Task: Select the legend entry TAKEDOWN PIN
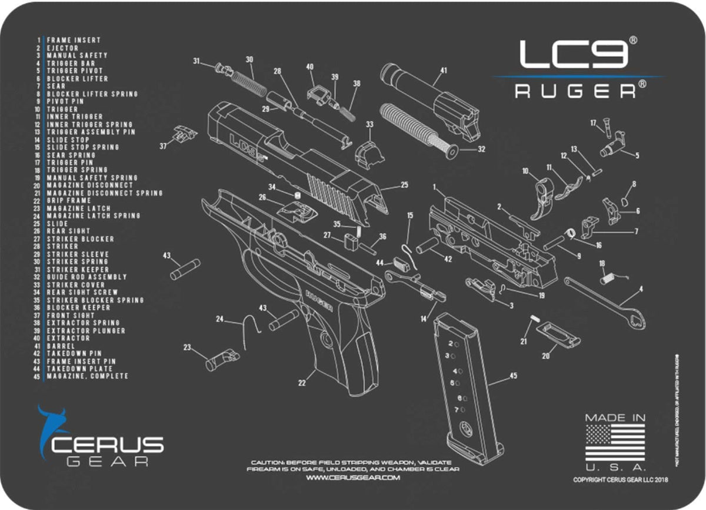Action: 74,353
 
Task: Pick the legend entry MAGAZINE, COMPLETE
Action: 87,376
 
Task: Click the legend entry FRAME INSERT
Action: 74,41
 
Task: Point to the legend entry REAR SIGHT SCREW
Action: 82,292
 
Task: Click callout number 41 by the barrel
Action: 443,71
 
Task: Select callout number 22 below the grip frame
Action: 302,383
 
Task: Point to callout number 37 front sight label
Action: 162,145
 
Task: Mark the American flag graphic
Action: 615,442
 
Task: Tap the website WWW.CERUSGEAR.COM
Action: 353,478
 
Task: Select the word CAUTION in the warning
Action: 267,463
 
